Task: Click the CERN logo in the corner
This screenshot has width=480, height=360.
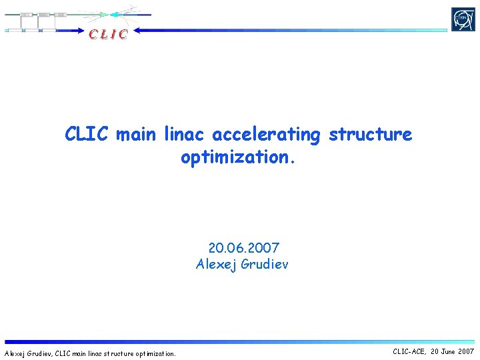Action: click(x=463, y=19)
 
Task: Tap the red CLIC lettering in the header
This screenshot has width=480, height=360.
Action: click(x=107, y=34)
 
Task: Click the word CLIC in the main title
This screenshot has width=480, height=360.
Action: click(x=87, y=135)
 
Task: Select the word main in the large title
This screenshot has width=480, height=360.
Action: click(x=137, y=135)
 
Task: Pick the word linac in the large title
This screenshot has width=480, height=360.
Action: click(x=185, y=135)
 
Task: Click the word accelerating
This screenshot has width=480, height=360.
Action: click(x=266, y=135)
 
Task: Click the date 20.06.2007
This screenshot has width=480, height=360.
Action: click(x=243, y=249)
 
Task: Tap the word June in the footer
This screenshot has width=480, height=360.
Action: click(x=449, y=351)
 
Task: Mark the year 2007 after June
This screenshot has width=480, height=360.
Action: click(x=467, y=351)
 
